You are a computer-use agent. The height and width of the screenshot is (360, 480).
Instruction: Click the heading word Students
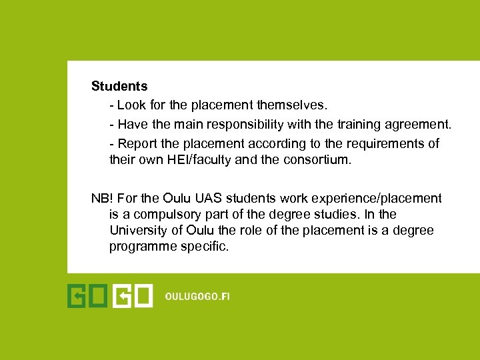[119, 86]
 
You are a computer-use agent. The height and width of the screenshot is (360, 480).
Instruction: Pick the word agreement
[421, 125]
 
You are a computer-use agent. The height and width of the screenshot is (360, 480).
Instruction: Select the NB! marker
[101, 198]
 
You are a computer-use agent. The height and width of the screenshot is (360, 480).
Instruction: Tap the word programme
[141, 247]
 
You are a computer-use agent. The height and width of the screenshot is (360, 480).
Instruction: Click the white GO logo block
[133, 296]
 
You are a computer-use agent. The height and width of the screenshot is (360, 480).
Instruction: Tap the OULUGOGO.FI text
[197, 297]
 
